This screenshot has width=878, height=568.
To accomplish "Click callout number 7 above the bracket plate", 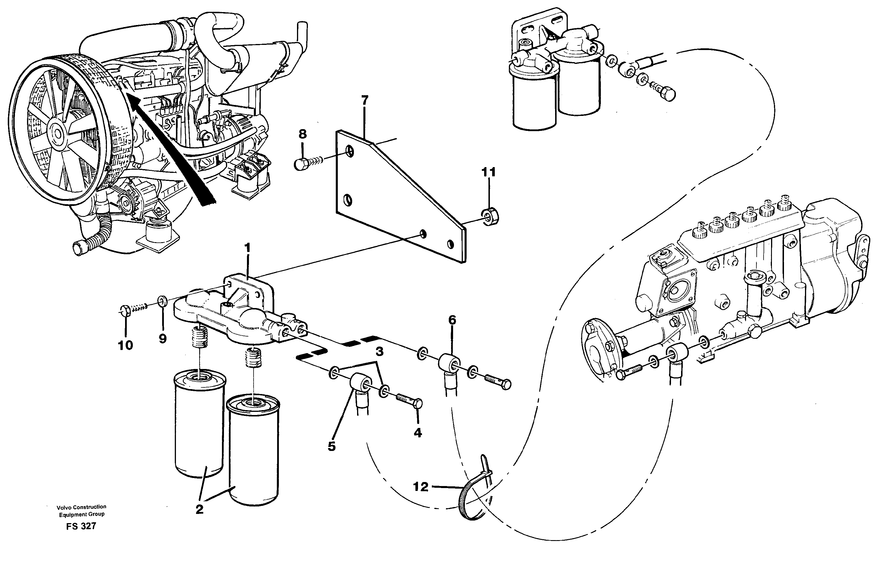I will pos(364,100).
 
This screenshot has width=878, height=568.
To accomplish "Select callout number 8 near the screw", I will pos(302,134).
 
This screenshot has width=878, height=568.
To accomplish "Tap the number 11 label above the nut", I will pos(488,172).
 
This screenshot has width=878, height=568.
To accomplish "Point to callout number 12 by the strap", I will pos(421,487).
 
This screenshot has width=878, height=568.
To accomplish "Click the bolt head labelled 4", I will pos(418,403).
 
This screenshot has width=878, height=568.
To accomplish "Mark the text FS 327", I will pos(81,526).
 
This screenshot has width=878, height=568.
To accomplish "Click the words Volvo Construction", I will pos(81,507).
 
